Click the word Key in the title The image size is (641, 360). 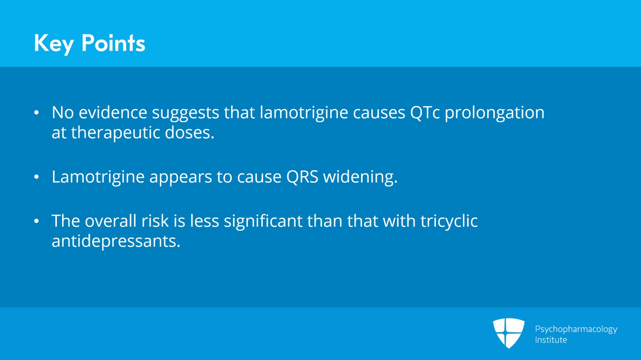pos(54,43)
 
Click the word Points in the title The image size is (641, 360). pos(113,43)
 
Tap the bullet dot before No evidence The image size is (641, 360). pos(36,113)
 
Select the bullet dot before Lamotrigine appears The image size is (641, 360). pos(36,177)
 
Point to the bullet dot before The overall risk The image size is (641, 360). pos(36,221)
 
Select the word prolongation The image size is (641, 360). pos(494,113)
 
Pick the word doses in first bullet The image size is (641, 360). pos(189,133)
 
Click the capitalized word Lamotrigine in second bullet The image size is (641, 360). pos(98,177)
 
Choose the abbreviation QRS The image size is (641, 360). pos(302,177)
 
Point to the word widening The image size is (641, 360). pos(360,177)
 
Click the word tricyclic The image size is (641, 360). pos(449,221)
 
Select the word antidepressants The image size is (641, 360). pos(116,241)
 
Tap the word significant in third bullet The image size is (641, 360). pos(263,221)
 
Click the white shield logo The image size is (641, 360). pos(508,333)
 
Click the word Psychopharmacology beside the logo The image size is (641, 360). pos(576,329)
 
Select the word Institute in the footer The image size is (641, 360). pos(551,340)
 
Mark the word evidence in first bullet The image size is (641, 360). pos(113,113)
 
